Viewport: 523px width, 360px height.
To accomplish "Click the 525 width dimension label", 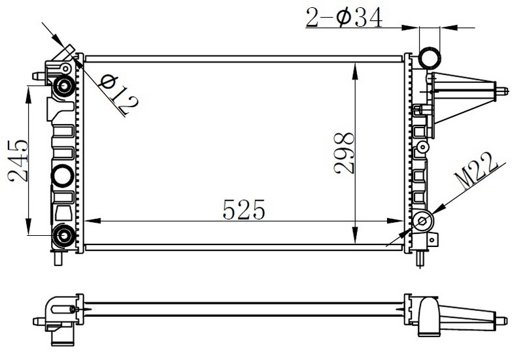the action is [243, 209].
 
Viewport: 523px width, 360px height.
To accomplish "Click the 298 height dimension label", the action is [345, 153].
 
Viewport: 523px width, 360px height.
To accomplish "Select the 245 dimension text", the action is [18, 161].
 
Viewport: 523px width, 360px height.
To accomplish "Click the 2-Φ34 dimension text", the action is [345, 18].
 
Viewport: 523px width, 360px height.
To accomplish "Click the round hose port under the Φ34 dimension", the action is [430, 57].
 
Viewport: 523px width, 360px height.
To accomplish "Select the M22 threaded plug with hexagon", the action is [422, 221].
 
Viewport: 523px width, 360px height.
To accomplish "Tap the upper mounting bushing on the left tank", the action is [63, 86].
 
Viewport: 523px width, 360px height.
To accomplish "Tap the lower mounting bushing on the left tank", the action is [63, 236].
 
